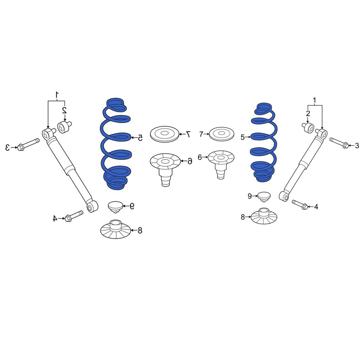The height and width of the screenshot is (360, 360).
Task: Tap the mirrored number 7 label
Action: pyautogui.click(x=188, y=134)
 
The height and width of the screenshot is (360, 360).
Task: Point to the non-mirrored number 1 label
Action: pyautogui.click(x=315, y=100)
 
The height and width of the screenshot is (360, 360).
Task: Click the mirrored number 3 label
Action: pyautogui.click(x=8, y=147)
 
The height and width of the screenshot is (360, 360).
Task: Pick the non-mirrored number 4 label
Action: pyautogui.click(x=316, y=207)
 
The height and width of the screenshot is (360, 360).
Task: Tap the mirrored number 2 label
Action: pyautogui.click(x=65, y=110)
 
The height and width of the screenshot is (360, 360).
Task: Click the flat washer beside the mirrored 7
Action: pyautogui.click(x=165, y=134)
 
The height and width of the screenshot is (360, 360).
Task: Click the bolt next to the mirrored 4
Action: pyautogui.click(x=74, y=216)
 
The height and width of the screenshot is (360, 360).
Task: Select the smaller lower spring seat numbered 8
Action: pyautogui.click(x=264, y=216)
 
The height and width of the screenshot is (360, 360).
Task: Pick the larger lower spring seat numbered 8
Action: pyautogui.click(x=115, y=229)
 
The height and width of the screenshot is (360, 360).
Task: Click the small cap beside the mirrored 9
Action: pyautogui.click(x=115, y=207)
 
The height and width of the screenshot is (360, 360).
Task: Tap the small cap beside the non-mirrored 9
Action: pyautogui.click(x=264, y=197)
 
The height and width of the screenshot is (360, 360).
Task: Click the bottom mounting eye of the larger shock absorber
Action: pyautogui.click(x=92, y=206)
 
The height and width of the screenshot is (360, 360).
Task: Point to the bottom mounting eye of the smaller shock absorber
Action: pyautogui.click(x=284, y=196)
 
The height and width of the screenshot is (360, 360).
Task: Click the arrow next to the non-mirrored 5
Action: pyautogui.click(x=248, y=137)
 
